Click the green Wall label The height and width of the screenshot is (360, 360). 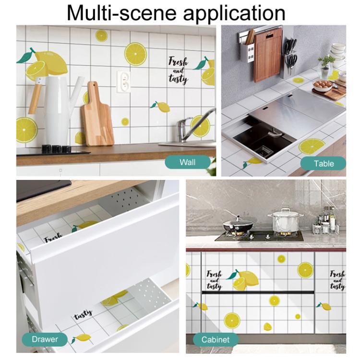pos(188,162)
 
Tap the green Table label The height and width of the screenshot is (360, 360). pos(323,164)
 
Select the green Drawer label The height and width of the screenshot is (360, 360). pos(45,339)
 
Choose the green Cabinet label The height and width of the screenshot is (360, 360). pos(216,339)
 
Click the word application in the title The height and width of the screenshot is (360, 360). pos(234,13)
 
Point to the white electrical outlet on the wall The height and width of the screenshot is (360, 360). pos(123,82)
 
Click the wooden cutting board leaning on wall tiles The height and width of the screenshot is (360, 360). pos(97,115)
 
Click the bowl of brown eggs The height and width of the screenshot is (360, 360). pos(323,85)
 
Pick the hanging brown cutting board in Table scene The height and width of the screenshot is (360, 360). pos(268,55)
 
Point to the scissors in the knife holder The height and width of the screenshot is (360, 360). pos(291,61)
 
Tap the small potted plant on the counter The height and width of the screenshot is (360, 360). pos(325,67)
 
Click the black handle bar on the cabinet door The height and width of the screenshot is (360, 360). pos(258,292)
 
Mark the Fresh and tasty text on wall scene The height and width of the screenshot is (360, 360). pos(179,70)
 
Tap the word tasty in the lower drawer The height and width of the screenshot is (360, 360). pos(83,314)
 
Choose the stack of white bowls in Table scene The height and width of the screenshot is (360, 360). pos(338,52)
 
